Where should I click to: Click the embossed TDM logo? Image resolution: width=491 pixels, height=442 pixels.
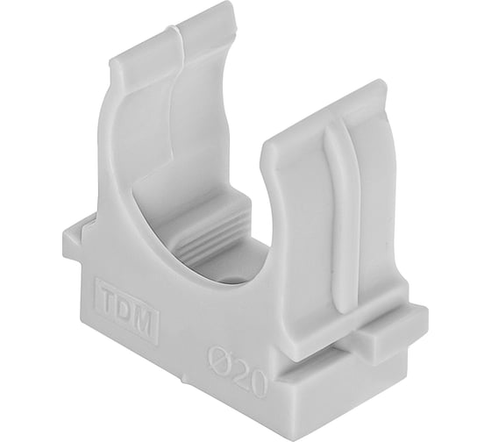click(x=127, y=310)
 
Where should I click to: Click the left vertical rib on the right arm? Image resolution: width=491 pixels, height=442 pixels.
click(x=334, y=219)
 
